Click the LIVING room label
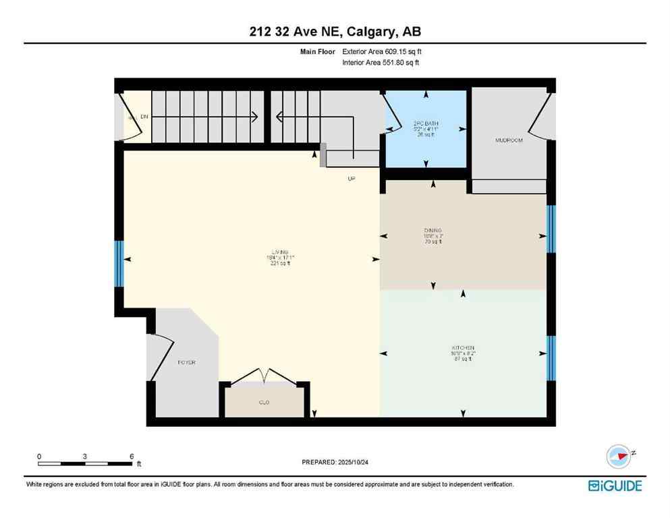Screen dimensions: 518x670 pos(271,252)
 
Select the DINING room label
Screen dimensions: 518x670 pos(432,231)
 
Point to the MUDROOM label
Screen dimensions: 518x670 pos(509,140)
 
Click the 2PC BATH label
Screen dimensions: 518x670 pos(426,123)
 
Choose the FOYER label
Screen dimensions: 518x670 pos(186,362)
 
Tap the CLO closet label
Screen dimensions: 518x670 pos(264,403)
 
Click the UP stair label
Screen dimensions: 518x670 pos(351,179)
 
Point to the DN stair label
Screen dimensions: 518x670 pos(144,117)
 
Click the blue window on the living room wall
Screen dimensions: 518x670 pos(119,263)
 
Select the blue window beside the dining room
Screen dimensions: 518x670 pos(551,229)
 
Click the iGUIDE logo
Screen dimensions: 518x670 pos(615,486)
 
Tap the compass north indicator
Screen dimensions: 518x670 pos(619,456)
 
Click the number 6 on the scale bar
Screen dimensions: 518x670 pos(131,456)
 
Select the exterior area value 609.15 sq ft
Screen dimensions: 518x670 pos(399,51)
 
